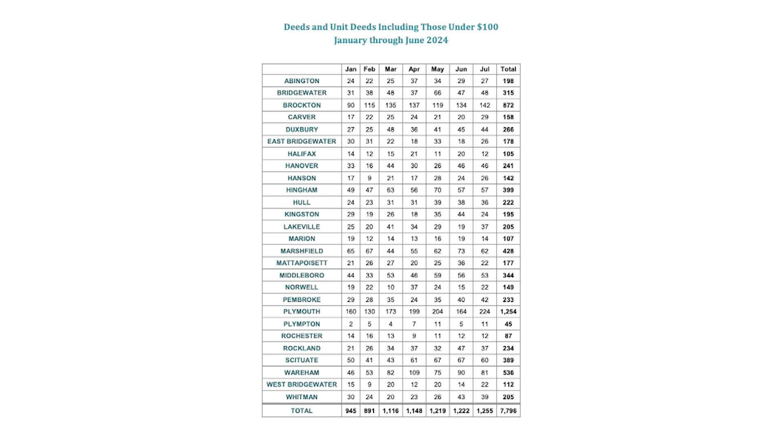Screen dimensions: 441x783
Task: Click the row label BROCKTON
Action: click(302, 105)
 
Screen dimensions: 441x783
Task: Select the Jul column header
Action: click(484, 69)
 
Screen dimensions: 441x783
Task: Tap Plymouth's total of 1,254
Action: click(508, 312)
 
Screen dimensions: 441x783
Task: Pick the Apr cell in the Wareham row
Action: click(414, 372)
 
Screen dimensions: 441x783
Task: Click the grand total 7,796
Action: click(508, 411)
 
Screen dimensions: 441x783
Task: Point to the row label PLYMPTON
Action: click(302, 324)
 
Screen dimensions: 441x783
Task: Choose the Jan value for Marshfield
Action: click(351, 251)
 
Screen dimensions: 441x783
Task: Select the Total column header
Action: click(508, 69)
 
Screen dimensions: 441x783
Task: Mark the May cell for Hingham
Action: click(438, 190)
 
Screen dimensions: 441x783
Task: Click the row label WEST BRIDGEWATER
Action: click(302, 385)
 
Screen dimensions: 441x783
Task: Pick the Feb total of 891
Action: click(369, 411)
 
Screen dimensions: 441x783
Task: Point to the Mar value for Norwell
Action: click(391, 287)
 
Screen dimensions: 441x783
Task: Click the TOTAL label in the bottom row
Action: click(302, 411)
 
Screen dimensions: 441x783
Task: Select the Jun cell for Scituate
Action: click(461, 360)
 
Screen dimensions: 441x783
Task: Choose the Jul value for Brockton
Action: click(484, 105)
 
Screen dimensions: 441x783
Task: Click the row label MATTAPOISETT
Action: click(302, 263)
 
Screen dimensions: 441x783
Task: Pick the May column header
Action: click(438, 69)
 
